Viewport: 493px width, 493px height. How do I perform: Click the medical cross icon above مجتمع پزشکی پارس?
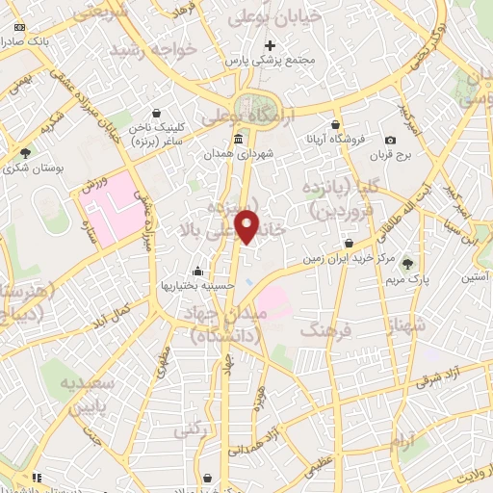271,44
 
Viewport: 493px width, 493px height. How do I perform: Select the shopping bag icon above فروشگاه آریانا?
335,124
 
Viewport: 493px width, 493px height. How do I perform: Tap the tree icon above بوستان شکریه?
26,151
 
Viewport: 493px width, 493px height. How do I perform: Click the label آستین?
472,276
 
